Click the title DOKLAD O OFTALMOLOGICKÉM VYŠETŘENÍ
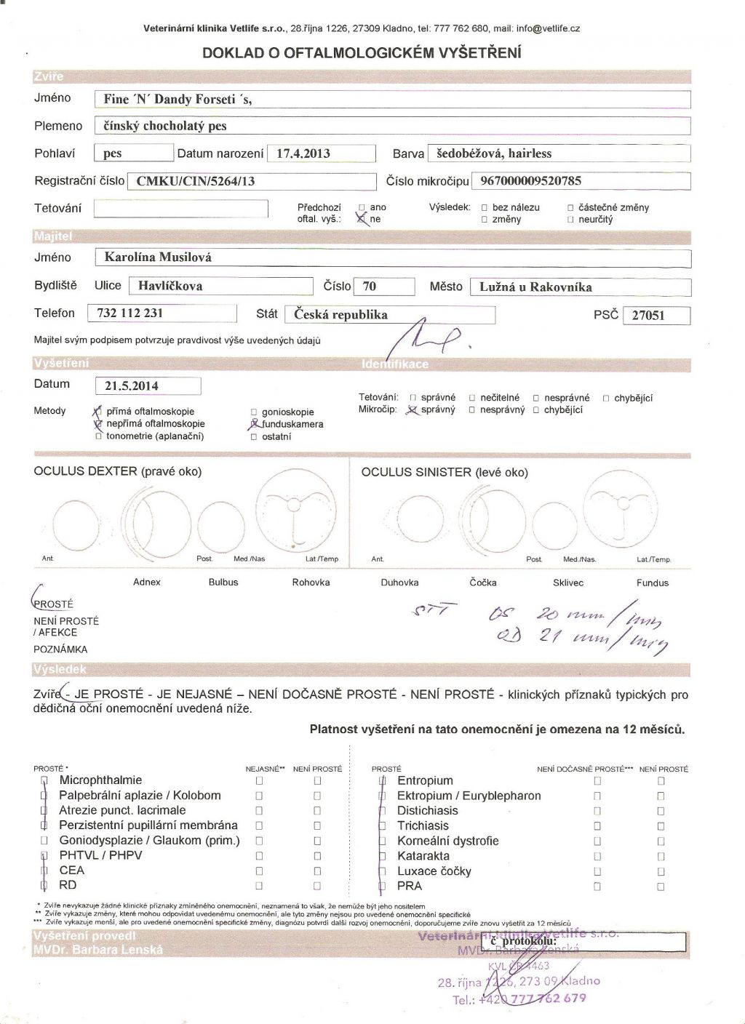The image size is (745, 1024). (362, 52)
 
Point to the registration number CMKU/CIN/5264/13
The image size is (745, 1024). (196, 181)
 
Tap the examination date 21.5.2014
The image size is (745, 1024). (132, 386)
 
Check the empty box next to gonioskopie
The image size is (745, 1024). (254, 412)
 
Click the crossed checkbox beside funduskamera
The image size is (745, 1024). (254, 424)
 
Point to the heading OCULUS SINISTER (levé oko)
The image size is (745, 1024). (445, 472)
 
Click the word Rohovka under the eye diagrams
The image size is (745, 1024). (311, 583)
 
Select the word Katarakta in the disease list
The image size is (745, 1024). (423, 856)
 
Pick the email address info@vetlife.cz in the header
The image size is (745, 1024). (548, 29)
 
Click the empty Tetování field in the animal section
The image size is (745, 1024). (181, 209)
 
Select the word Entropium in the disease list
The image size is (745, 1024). (425, 780)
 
